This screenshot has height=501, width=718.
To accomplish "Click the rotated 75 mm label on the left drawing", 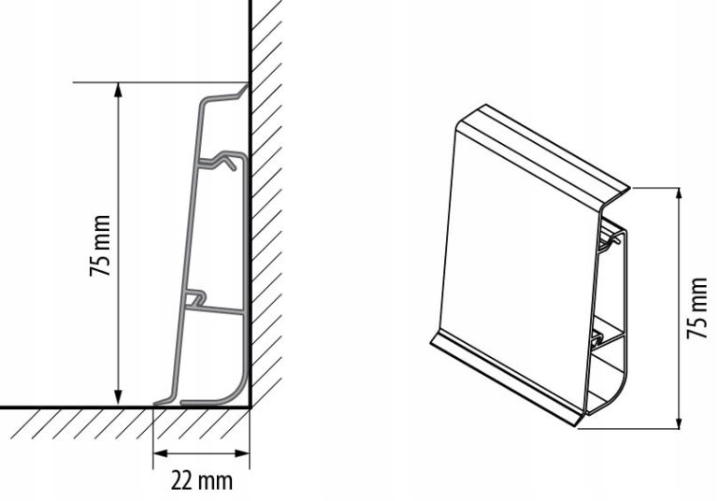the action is pos(100,246).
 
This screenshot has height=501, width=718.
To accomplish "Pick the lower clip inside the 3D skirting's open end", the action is pos(598,334).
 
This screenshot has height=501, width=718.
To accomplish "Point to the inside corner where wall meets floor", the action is pos(249,408).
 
